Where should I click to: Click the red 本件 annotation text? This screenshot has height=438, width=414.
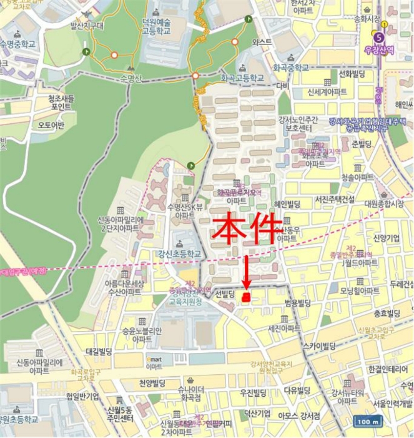247,230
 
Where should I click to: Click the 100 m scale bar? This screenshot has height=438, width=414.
367,421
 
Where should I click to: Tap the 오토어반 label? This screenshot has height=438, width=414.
51,125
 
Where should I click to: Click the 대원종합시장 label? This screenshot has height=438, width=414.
383,203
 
